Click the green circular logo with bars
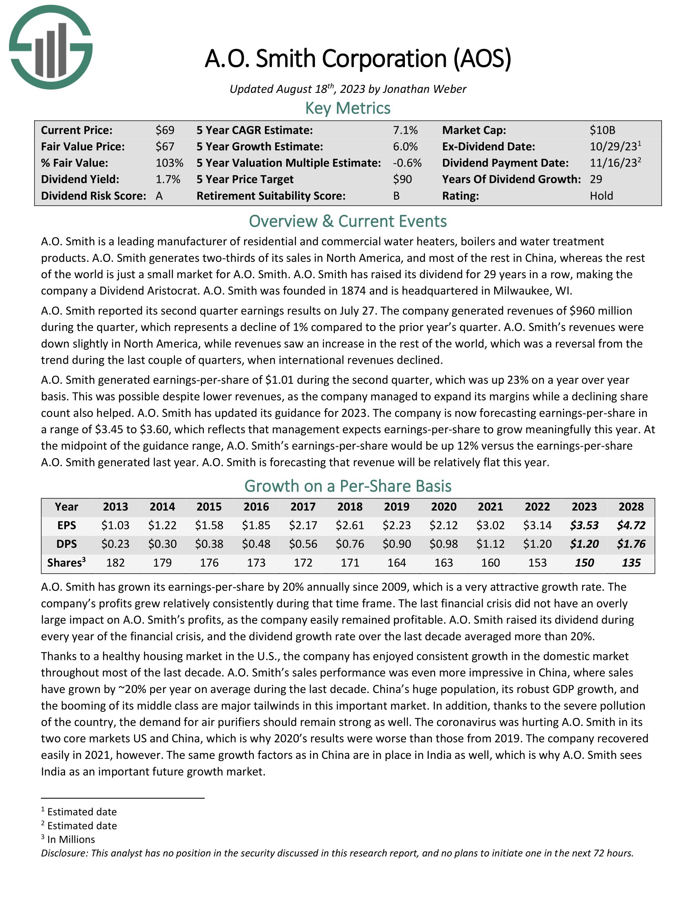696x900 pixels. [50, 47]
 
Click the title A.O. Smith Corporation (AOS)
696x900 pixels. [357, 59]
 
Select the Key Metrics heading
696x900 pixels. [348, 108]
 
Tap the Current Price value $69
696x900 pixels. [165, 130]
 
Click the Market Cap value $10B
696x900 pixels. [602, 130]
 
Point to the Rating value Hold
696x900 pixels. [601, 196]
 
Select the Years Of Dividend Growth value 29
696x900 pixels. [596, 179]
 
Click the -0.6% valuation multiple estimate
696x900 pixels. [407, 163]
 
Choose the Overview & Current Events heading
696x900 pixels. [348, 221]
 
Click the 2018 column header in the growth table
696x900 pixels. [350, 506]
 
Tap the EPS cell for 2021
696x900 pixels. [490, 525]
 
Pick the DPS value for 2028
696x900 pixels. [631, 544]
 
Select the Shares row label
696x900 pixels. [66, 562]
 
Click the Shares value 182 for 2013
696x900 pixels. [115, 562]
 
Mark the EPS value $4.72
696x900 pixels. [631, 525]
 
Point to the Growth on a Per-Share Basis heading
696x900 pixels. [348, 486]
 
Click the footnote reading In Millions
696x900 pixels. [71, 839]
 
